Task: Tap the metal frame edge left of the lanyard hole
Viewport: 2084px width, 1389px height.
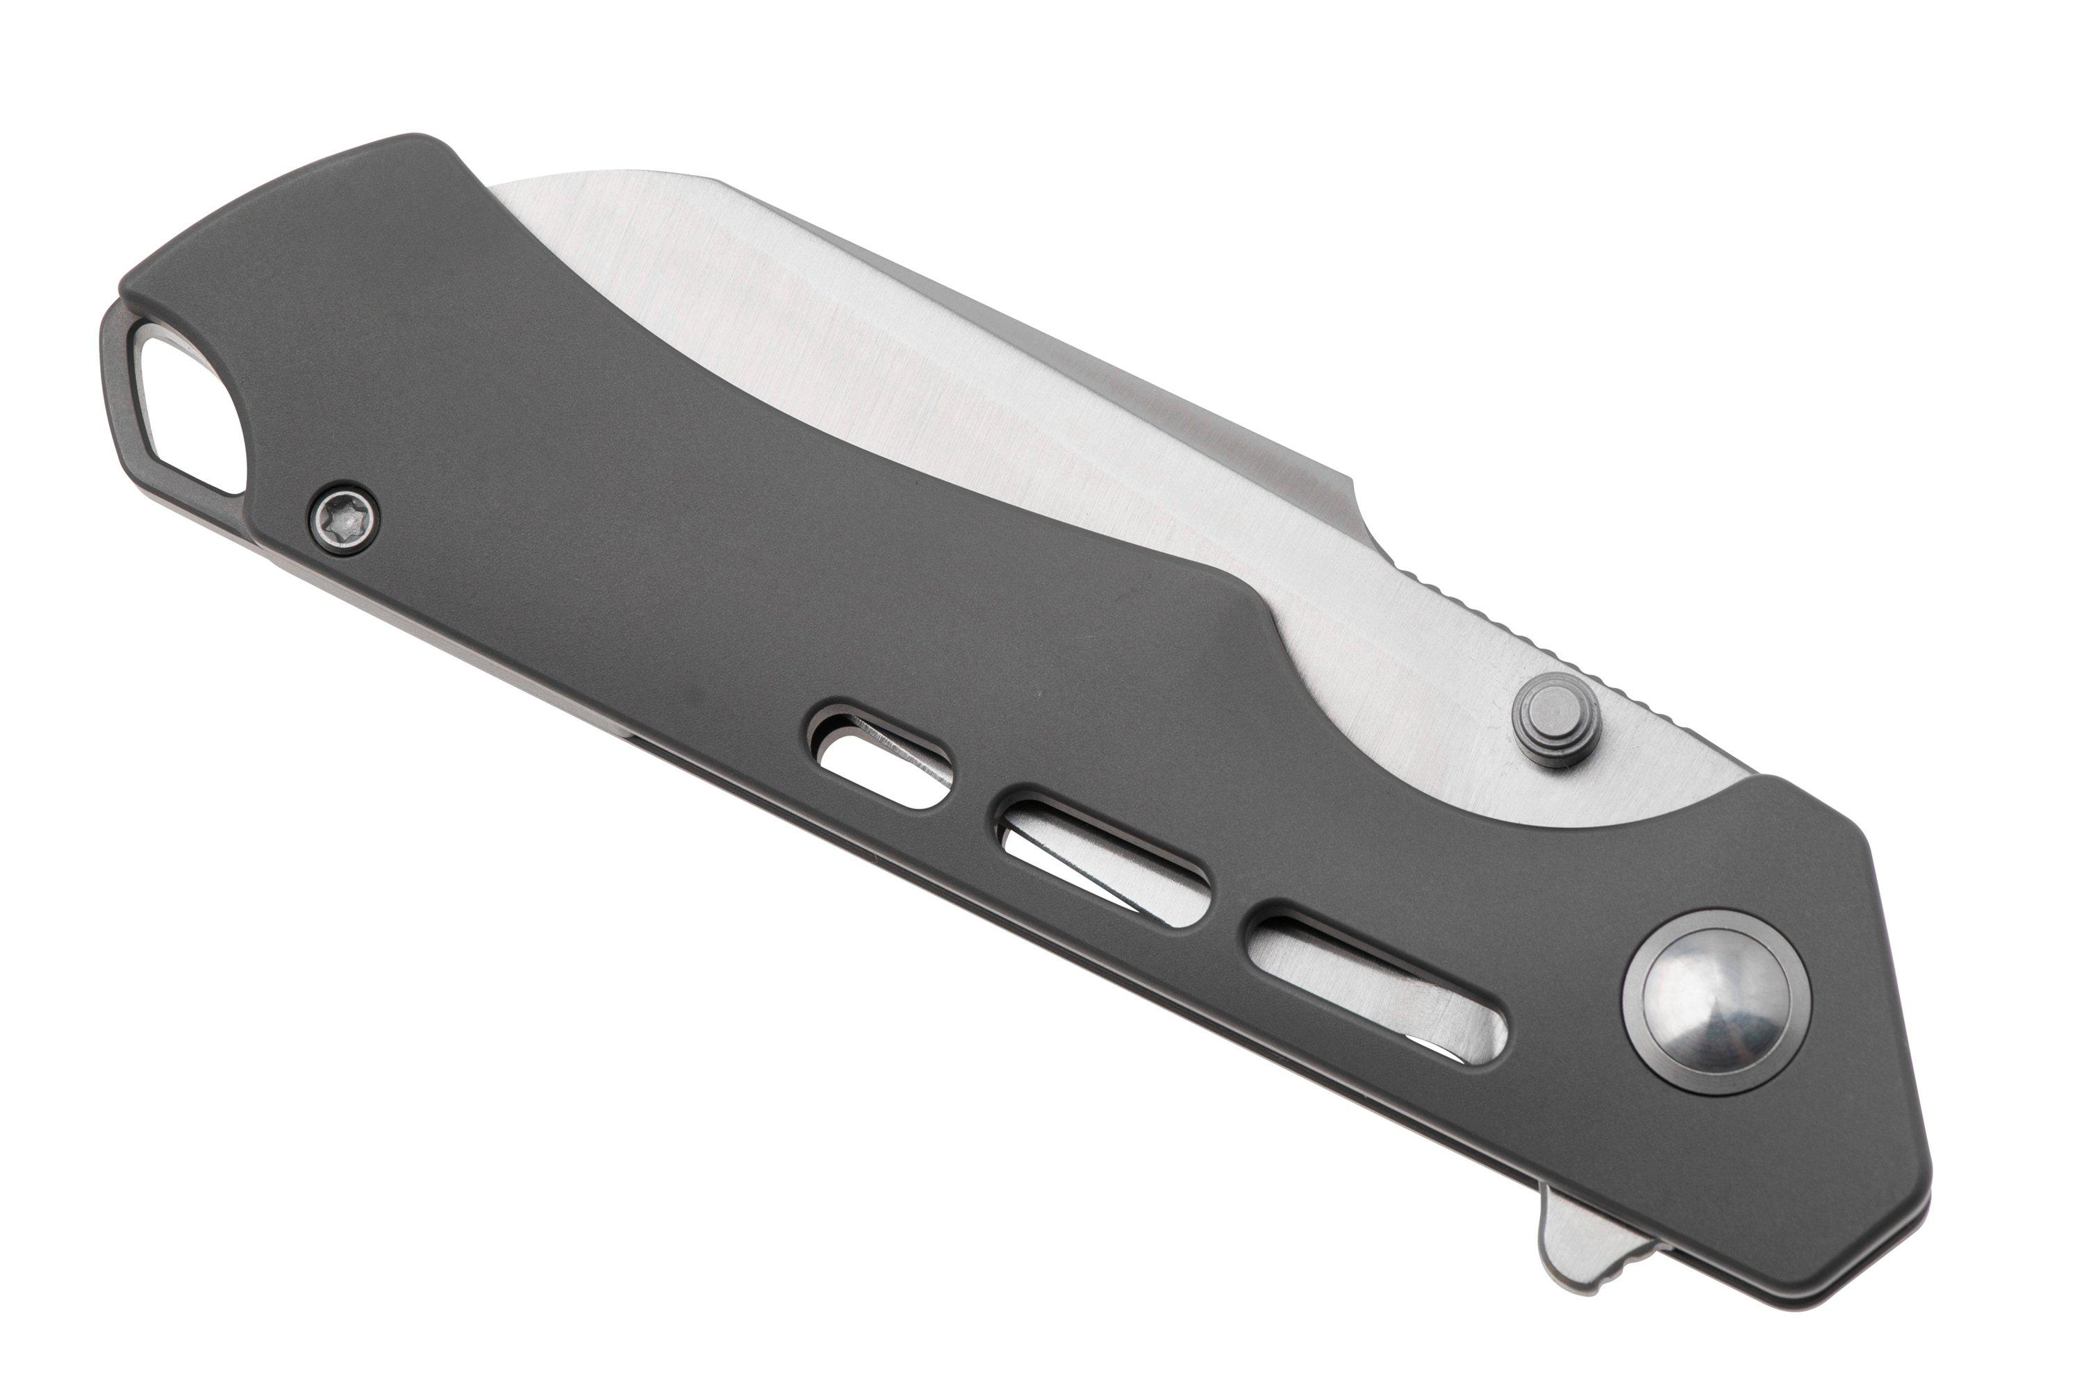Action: [115, 390]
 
